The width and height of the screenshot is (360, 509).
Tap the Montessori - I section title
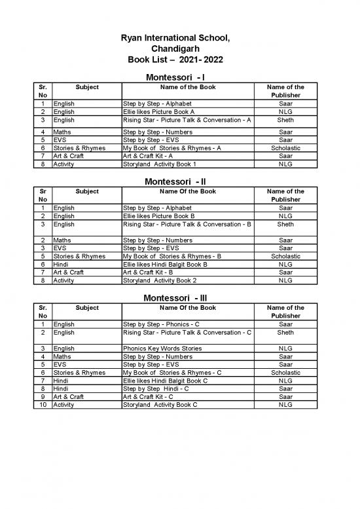click(x=180, y=79)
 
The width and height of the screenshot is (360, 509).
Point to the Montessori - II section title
click(x=180, y=181)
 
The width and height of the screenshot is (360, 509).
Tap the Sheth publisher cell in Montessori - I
click(x=285, y=121)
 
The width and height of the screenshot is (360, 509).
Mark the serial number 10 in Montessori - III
click(x=42, y=405)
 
